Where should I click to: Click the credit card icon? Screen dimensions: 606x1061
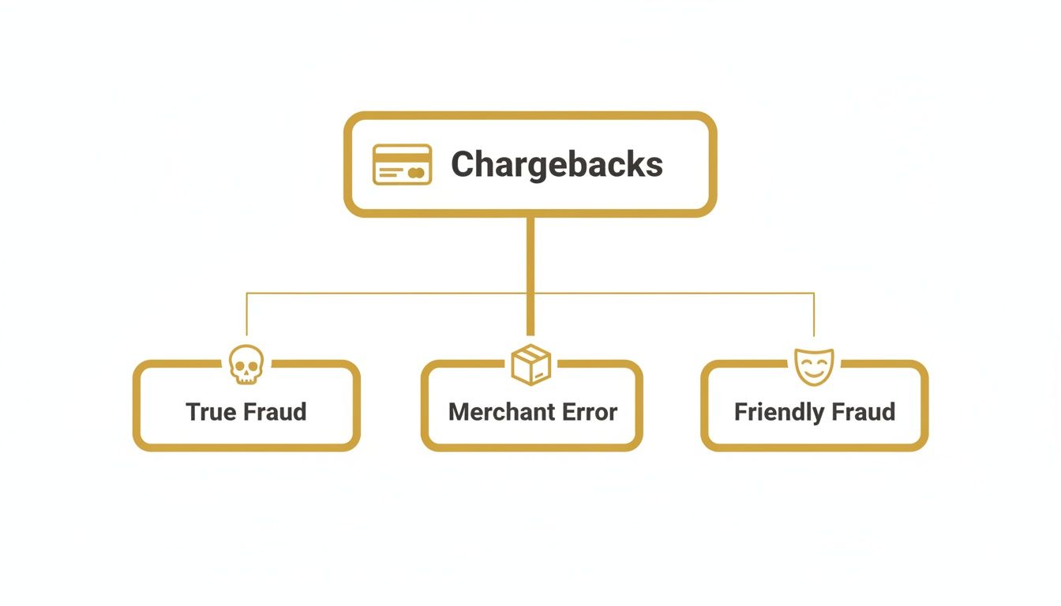402,164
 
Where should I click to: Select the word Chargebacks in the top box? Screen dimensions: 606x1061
557,164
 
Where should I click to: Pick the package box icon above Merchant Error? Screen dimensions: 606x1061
530,365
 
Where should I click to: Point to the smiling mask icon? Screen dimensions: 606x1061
814,367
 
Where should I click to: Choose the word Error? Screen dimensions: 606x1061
589,412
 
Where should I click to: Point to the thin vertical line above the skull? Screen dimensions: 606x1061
246,316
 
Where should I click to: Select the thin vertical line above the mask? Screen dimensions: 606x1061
814,316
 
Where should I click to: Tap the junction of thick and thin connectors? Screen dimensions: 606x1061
530,294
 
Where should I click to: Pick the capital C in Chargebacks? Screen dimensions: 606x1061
463,164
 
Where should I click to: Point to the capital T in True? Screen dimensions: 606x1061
193,412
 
